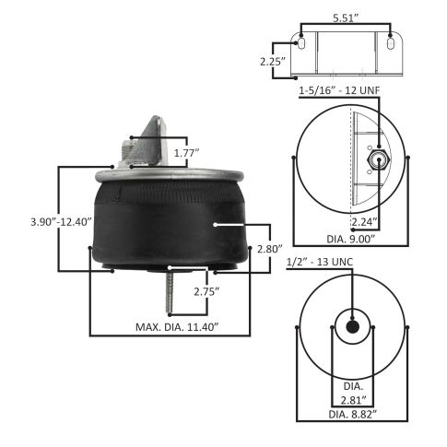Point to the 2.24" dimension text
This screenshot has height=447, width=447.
tap(365, 221)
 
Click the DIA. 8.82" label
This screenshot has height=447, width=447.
tap(351, 415)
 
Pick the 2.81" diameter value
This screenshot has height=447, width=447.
tap(351, 400)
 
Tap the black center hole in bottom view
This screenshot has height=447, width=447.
tap(351, 327)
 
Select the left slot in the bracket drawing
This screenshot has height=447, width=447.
tap(304, 42)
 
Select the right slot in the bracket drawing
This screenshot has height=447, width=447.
tap(391, 42)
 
